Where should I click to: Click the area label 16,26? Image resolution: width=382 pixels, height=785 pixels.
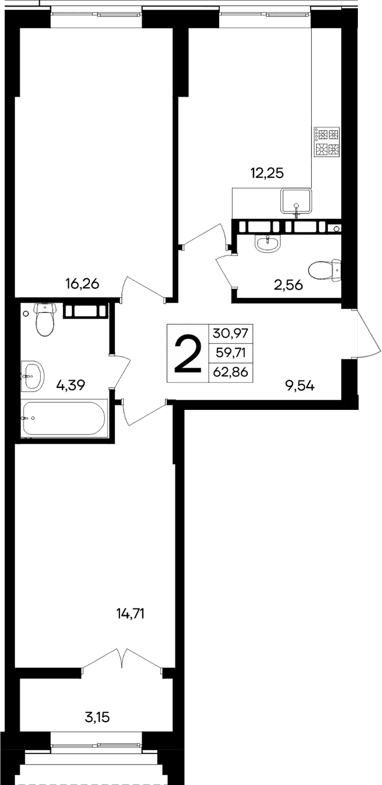pyautogui.click(x=82, y=284)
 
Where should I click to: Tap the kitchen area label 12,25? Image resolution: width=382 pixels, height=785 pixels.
pyautogui.click(x=266, y=173)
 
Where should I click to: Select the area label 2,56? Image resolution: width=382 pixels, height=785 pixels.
pyautogui.click(x=288, y=285)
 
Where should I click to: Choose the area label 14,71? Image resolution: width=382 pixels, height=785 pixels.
pyautogui.click(x=131, y=613)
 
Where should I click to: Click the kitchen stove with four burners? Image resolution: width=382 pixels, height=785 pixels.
pyautogui.click(x=327, y=143)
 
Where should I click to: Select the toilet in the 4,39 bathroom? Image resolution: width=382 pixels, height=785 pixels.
pyautogui.click(x=44, y=319)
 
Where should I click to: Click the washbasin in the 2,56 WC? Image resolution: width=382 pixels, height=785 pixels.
pyautogui.click(x=267, y=244)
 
